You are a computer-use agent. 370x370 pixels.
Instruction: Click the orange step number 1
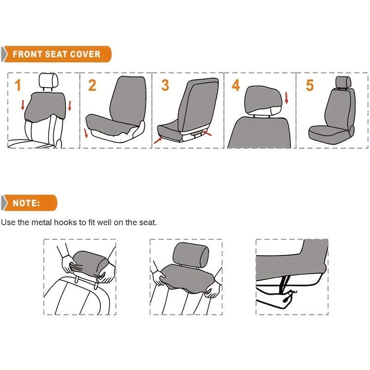click(18, 86)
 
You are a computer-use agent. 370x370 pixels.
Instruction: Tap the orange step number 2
click(92, 85)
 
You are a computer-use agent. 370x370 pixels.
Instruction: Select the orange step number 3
click(165, 85)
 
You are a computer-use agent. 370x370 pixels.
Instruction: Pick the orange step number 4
click(236, 86)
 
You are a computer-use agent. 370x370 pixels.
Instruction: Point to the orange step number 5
click(309, 85)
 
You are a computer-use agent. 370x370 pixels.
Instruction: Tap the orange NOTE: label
click(26, 203)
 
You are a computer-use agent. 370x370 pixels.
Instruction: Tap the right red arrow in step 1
click(70, 105)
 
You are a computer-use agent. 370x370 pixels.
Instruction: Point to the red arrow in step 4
click(286, 98)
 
